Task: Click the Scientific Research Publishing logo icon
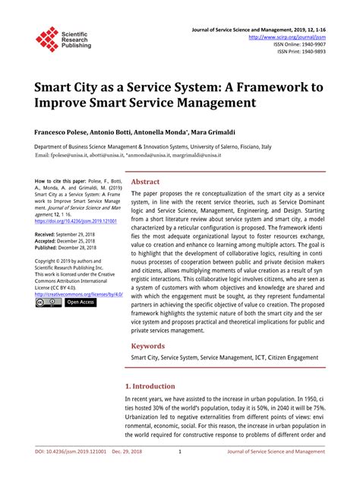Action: pos(47,39)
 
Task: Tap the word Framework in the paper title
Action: pos(267,87)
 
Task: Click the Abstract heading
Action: pos(146,182)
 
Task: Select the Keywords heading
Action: pos(148,345)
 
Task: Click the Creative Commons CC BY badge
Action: pos(48,303)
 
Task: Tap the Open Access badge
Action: pos(81,303)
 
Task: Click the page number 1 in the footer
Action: pos(179,472)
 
